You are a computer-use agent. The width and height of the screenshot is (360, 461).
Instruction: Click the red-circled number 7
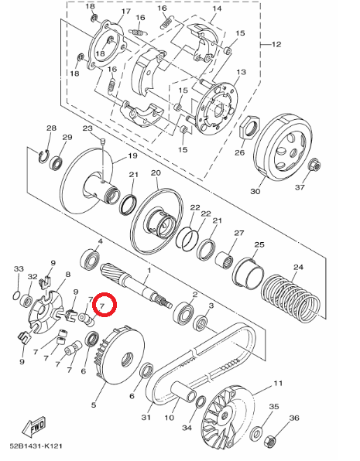pyautogui.click(x=102, y=306)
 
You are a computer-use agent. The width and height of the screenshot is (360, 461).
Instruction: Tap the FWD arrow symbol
pyautogui.click(x=33, y=426)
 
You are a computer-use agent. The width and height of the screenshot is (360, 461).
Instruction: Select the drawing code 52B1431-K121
pyautogui.click(x=36, y=446)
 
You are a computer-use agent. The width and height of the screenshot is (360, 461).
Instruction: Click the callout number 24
pyautogui.click(x=298, y=267)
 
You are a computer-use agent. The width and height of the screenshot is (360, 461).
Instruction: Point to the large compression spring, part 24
pyautogui.click(x=290, y=296)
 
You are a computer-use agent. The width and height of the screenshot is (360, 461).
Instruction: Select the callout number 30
pyautogui.click(x=255, y=191)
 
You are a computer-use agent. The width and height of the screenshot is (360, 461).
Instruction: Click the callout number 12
pyautogui.click(x=276, y=44)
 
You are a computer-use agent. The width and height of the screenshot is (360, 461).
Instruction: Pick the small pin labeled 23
pyautogui.click(x=102, y=142)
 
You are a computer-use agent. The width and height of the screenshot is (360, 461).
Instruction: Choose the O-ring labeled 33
pyautogui.click(x=17, y=295)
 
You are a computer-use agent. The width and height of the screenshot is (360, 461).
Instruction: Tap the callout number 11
pyautogui.click(x=278, y=383)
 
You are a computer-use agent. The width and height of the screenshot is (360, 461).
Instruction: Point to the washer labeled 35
pyautogui.click(x=256, y=433)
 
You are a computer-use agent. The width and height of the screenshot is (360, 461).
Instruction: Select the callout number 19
pyautogui.click(x=133, y=155)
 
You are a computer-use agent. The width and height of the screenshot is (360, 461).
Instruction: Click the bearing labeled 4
pyautogui.click(x=90, y=258)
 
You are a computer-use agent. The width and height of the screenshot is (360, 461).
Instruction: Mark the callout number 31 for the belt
pyautogui.click(x=146, y=417)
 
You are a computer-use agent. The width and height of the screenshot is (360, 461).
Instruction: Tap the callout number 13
pyautogui.click(x=241, y=72)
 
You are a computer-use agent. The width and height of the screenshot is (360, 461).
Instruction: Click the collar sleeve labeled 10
pyautogui.click(x=184, y=393)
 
